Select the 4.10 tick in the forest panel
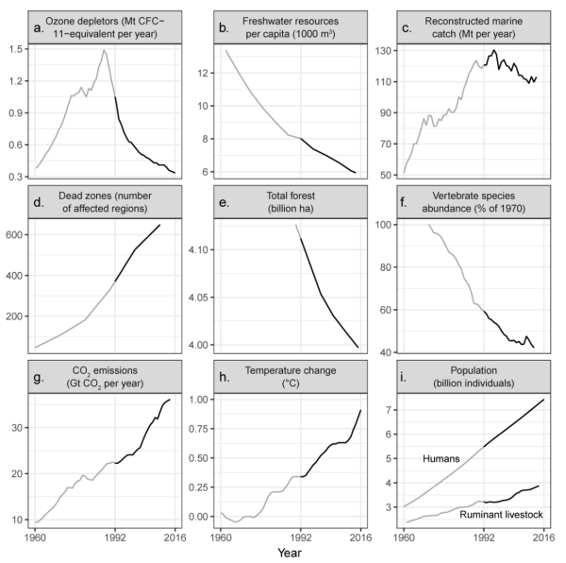[x=201, y=249]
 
